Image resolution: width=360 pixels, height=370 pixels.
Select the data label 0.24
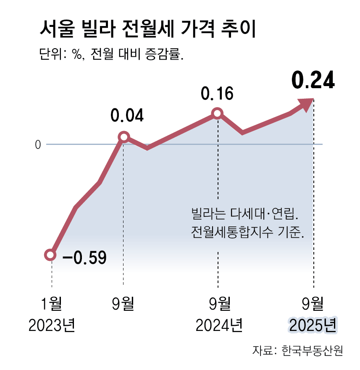tap(313, 81)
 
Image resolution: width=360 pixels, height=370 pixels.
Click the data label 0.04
tap(127, 115)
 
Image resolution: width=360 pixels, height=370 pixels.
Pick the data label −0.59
tap(84, 257)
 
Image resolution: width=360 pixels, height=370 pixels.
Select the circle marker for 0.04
tap(124, 137)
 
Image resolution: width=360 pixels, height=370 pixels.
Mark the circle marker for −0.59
tap(50, 255)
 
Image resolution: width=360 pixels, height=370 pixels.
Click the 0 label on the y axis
tap(37, 145)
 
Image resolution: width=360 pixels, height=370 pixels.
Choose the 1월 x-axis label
tap(51, 303)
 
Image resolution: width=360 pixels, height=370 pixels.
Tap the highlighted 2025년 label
tap(313, 325)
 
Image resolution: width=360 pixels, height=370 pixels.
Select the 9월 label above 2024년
tap(219, 303)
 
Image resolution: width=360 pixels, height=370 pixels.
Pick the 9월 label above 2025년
tap(314, 303)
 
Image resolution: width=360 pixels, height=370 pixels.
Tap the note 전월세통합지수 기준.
tap(247, 231)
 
